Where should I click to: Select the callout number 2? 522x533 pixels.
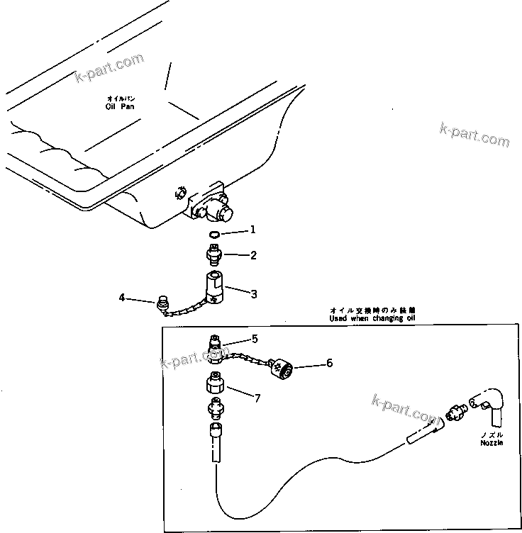tap(253, 255)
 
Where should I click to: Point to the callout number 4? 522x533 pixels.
tap(121, 298)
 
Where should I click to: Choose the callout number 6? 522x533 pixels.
tap(328, 363)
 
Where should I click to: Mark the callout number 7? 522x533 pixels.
tap(257, 399)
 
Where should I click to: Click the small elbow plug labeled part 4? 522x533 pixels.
tap(162, 305)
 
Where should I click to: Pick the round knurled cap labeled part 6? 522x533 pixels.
tap(281, 367)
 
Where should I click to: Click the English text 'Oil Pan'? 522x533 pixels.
tap(118, 106)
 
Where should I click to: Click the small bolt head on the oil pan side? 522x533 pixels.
tap(179, 193)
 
